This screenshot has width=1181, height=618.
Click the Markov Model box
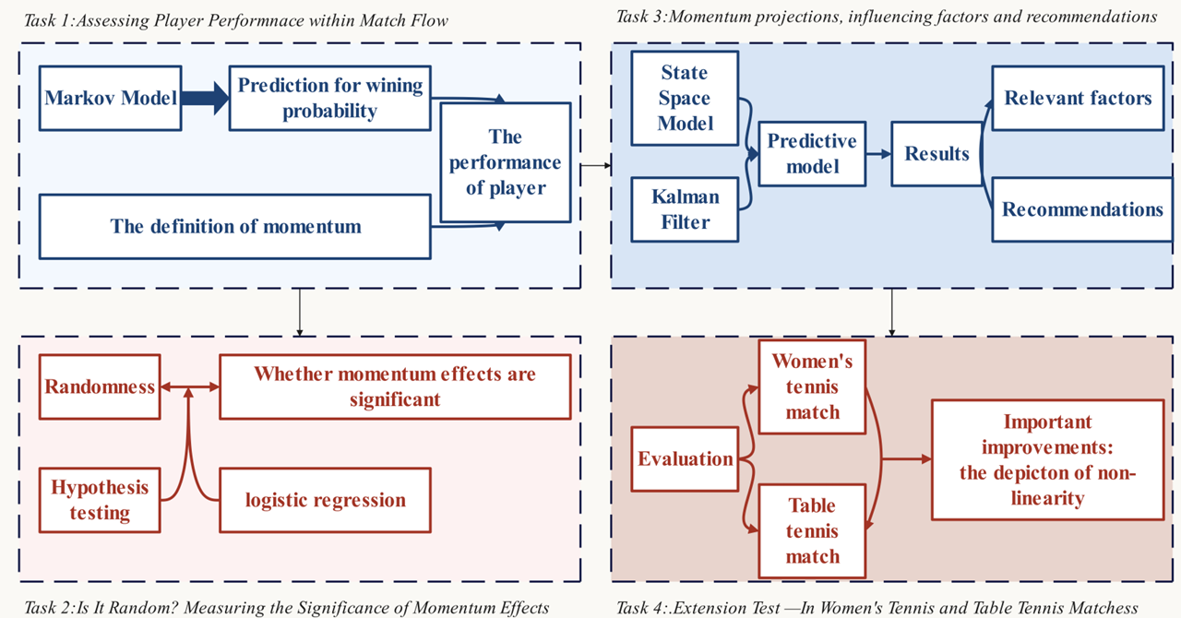click(x=111, y=97)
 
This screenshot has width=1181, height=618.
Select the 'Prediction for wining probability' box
click(x=330, y=98)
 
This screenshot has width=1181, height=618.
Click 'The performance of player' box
click(x=505, y=162)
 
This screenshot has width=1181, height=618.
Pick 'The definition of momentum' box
click(x=235, y=226)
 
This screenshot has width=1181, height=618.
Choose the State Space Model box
click(x=684, y=98)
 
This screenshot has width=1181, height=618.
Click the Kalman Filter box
click(x=684, y=208)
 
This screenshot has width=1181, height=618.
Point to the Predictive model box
click(x=812, y=154)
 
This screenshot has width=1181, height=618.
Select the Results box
click(x=936, y=154)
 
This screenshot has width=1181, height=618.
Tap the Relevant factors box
click(x=1078, y=98)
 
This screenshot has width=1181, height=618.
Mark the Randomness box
click(x=100, y=386)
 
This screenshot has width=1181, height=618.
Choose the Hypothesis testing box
click(x=100, y=500)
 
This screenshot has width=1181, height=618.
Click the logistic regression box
click(x=325, y=500)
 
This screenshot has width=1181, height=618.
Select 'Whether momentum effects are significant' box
click(x=395, y=386)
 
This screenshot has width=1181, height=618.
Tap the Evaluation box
click(x=685, y=458)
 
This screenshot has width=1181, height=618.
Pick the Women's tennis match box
click(x=812, y=386)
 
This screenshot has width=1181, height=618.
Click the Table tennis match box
click(x=812, y=530)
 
